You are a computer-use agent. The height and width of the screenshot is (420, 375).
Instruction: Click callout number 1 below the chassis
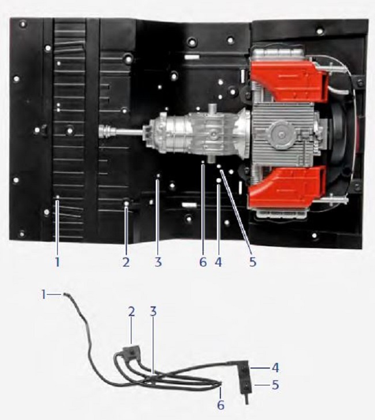pos(57,262)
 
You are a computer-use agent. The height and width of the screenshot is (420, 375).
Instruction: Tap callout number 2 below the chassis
pos(126,262)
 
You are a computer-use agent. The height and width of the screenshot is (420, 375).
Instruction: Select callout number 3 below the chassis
pos(158,262)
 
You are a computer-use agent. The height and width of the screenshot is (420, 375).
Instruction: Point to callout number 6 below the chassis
pos(203,262)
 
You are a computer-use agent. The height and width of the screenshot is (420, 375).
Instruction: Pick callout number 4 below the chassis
pos(218,262)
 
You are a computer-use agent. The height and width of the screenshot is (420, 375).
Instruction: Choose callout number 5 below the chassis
pos(253,262)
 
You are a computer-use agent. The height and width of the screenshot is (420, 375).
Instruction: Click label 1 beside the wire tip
pos(44,295)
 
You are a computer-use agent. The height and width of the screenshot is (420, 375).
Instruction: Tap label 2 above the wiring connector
pos(132,312)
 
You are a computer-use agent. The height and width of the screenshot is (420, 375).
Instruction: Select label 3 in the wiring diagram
pos(153,312)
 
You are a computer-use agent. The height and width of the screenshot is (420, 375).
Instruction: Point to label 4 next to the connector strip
pos(275,367)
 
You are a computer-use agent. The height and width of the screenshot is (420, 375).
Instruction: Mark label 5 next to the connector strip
pos(275,385)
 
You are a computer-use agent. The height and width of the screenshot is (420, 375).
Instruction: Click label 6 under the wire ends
pos(220,405)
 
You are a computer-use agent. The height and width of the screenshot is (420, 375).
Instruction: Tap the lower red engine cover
pos(288,185)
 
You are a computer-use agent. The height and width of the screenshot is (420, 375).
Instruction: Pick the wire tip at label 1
pos(66,295)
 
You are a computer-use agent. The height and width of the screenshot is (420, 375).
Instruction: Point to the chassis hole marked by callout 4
pos(219,181)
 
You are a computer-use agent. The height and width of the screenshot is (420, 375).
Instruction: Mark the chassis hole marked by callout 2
pos(126,203)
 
